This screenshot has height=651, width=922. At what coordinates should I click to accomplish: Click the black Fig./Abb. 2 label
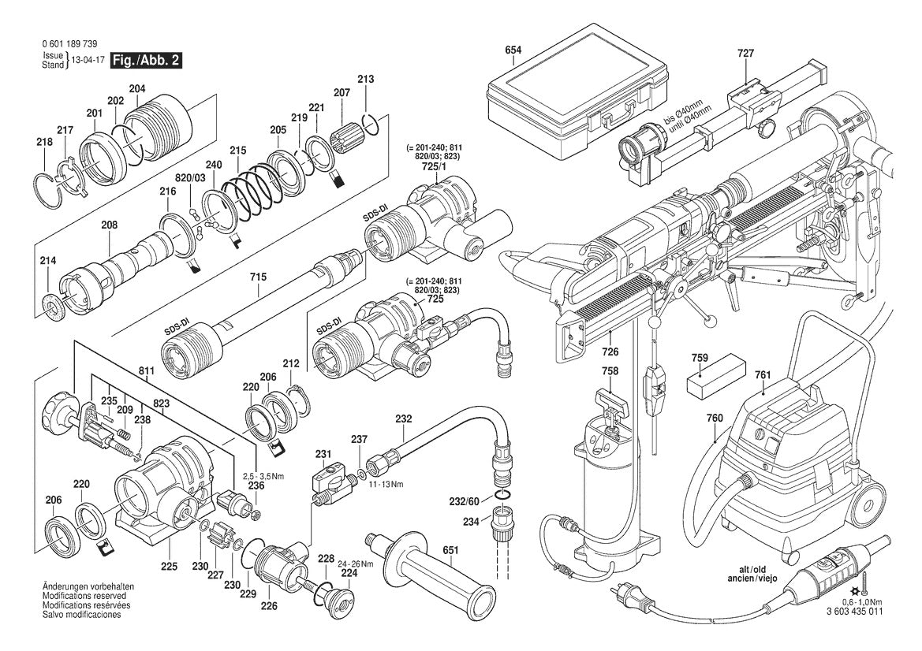[x=147, y=61]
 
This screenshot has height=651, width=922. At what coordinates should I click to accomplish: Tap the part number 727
[x=745, y=54]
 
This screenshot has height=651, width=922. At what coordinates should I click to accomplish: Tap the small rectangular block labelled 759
[x=718, y=381]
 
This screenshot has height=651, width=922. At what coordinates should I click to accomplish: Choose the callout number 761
[x=761, y=375]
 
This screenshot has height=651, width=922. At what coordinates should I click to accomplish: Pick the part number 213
[x=365, y=79]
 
